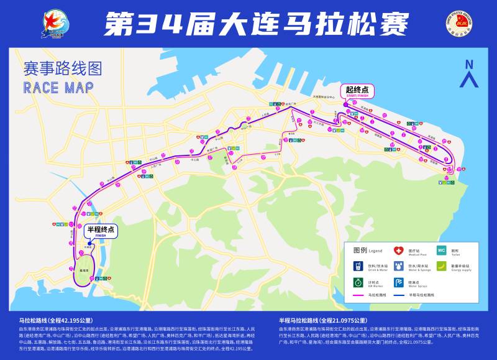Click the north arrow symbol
(x=469, y=73)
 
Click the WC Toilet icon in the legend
(x=441, y=252)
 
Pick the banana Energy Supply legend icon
(x=441, y=267)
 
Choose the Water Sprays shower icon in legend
(x=399, y=283)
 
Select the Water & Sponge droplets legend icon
(x=399, y=267)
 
